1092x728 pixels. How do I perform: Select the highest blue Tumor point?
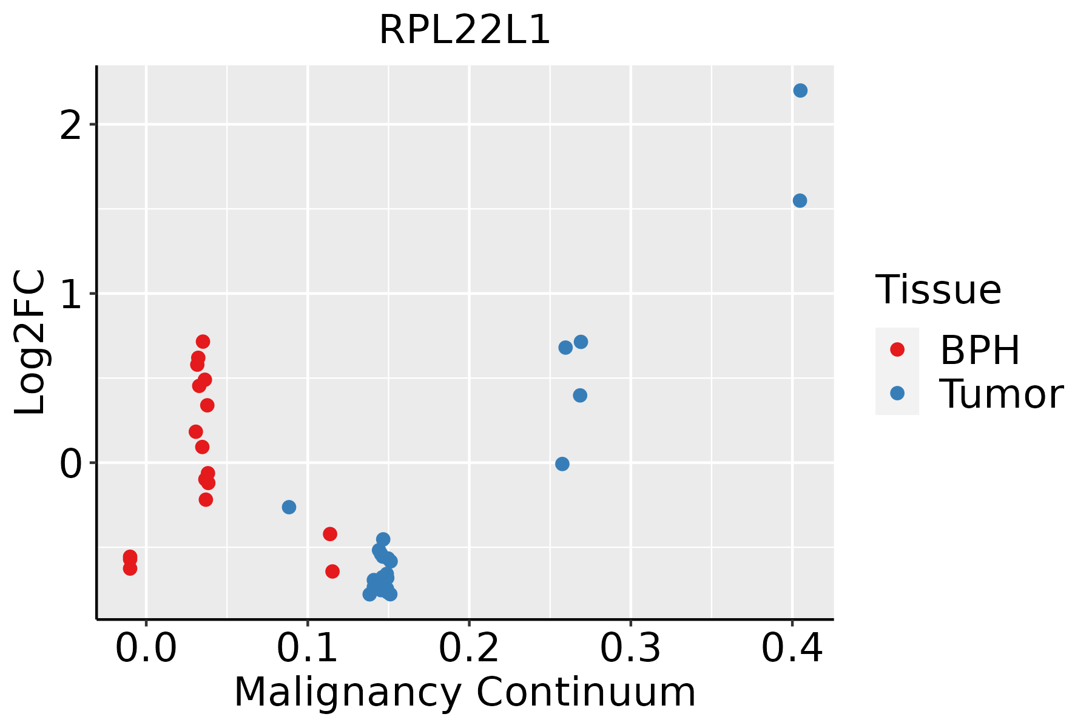coord(800,90)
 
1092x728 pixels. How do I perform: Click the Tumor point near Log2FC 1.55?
coord(800,201)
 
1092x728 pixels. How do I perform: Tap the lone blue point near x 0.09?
coord(289,507)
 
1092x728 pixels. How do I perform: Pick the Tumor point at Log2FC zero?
coord(562,464)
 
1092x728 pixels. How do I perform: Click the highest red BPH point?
coord(203,342)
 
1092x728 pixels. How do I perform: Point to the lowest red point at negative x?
coord(130,568)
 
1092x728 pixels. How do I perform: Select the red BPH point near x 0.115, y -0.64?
coord(332,571)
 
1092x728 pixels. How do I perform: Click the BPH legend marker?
coord(897,349)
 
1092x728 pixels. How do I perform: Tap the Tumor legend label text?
coord(1001,394)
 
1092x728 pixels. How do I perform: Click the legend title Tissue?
coord(939,290)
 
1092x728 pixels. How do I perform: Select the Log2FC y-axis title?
coord(30,343)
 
